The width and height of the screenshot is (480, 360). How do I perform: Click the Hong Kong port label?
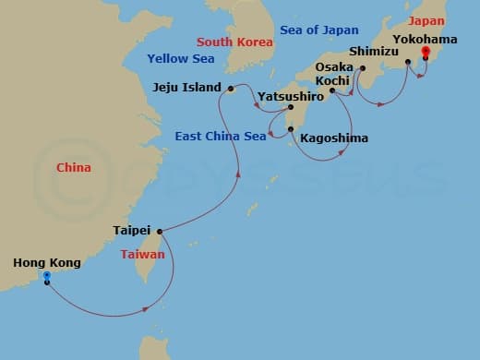47,263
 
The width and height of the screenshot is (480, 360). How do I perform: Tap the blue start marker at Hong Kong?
47,276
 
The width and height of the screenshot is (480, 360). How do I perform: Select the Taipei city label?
131,232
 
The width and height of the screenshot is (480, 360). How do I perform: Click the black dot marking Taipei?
160,232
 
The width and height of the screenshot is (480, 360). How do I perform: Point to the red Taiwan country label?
142,254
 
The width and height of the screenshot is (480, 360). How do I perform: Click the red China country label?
74,168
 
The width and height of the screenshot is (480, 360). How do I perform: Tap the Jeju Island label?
186,88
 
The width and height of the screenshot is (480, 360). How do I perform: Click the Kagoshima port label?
334,138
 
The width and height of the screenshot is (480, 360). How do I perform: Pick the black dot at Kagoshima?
291,129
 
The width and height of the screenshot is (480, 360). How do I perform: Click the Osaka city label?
333,68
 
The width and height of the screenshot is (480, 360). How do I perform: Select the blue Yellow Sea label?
180,59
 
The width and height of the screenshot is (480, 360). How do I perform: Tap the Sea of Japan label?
319,30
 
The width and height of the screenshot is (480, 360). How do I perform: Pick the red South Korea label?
234,42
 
